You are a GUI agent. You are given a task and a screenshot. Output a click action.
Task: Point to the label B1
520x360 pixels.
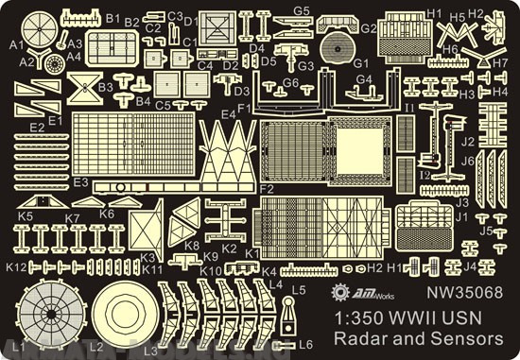(113, 18)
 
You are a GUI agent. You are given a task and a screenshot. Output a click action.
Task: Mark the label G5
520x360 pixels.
(301, 9)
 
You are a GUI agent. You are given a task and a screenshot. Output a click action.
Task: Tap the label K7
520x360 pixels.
(72, 218)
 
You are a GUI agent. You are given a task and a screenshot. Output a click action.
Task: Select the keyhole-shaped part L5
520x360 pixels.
(287, 310)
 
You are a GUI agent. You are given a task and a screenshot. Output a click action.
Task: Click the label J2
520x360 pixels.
(467, 142)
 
